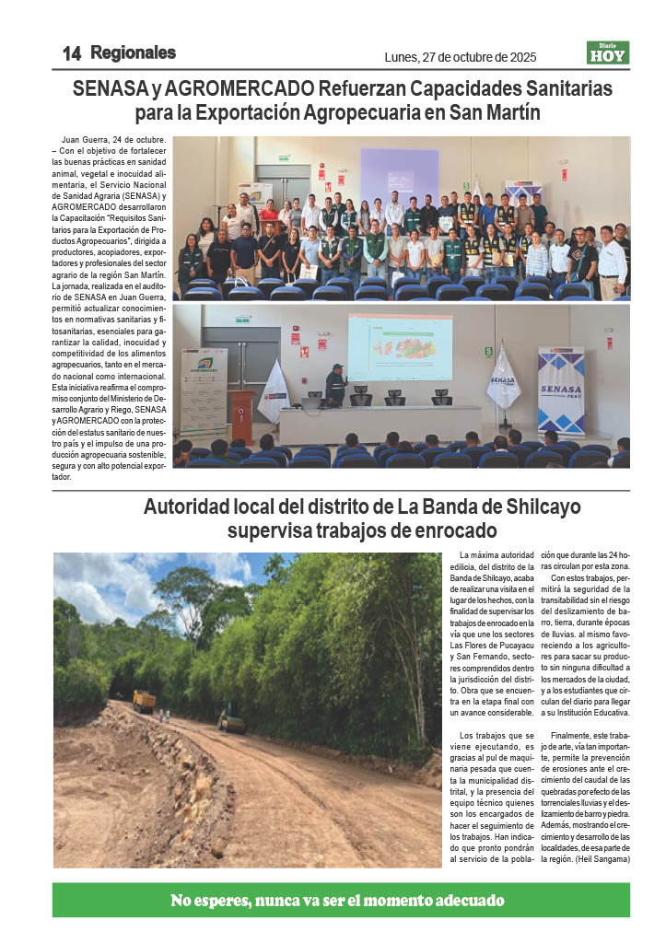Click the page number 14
71,53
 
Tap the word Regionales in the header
134,53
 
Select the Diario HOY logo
608,53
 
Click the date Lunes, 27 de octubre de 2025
460,58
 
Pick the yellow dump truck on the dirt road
144,702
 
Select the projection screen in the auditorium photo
400,346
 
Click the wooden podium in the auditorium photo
242,415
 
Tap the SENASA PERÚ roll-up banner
561,390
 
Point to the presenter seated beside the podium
336,385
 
